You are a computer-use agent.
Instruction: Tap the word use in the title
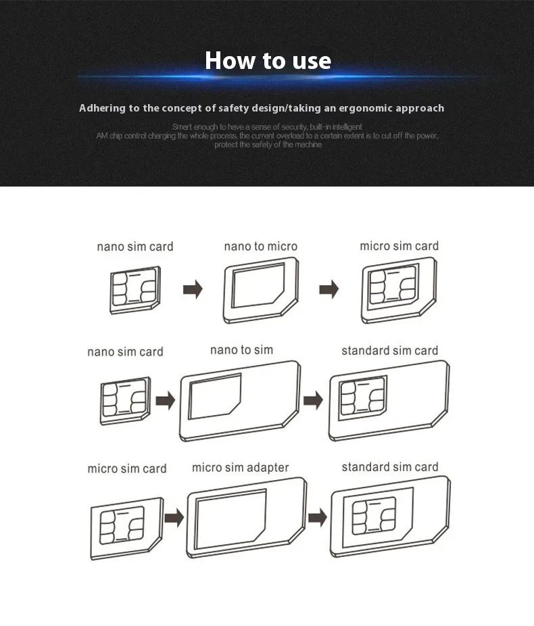click(312, 62)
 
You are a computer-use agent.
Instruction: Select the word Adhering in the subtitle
click(102, 109)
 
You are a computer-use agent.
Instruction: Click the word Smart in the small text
click(182, 127)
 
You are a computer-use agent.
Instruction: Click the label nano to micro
click(261, 246)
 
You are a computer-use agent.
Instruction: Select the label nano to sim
click(241, 350)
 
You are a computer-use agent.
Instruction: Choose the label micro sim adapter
click(240, 468)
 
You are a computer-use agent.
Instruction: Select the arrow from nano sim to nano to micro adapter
click(193, 289)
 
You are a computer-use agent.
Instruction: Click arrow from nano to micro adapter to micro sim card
click(329, 289)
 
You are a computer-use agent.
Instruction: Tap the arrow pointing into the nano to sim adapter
click(165, 400)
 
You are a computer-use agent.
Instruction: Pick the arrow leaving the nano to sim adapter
click(313, 400)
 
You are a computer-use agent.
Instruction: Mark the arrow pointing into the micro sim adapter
click(174, 517)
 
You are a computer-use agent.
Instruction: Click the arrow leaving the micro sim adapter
click(318, 517)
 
